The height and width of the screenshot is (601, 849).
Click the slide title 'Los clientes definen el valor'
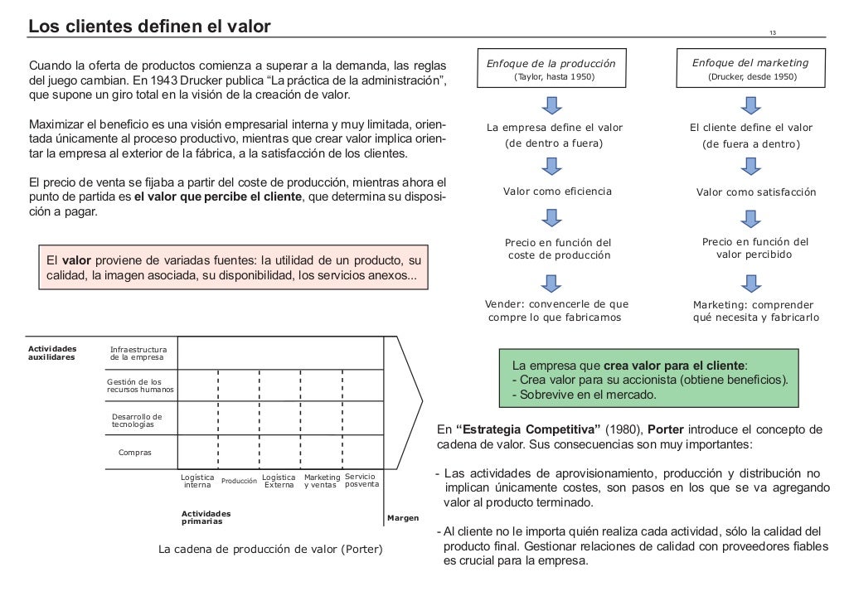pyautogui.click(x=150, y=27)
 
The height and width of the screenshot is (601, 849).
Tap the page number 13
pyautogui.click(x=773, y=33)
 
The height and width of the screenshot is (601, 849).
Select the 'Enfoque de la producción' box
pyautogui.click(x=554, y=70)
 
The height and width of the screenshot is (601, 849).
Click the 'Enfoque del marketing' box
pyautogui.click(x=751, y=70)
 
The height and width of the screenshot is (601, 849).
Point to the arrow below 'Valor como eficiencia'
pyautogui.click(x=554, y=219)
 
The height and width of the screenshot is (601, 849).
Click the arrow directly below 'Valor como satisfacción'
pyautogui.click(x=751, y=219)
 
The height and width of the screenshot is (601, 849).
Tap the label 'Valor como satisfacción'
pyautogui.click(x=755, y=192)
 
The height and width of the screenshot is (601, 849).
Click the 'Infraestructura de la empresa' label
pyautogui.click(x=138, y=353)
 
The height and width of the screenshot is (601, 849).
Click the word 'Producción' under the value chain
pyautogui.click(x=239, y=482)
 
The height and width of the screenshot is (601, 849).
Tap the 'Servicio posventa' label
pyautogui.click(x=361, y=480)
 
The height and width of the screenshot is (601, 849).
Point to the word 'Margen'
pyautogui.click(x=402, y=519)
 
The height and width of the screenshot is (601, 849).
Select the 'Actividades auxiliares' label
pyautogui.click(x=51, y=353)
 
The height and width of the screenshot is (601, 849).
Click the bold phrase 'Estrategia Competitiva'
pyautogui.click(x=529, y=430)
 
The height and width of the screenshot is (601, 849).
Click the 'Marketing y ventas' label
pyautogui.click(x=322, y=481)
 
